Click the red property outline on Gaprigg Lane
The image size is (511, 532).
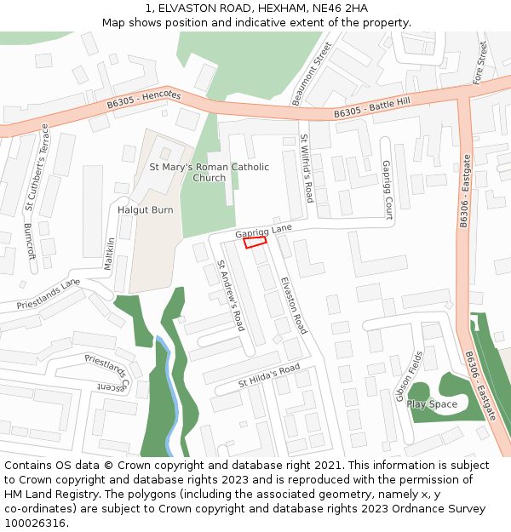coord(255,243)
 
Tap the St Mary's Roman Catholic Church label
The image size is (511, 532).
coord(210,172)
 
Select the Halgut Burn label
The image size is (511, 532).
coord(146,209)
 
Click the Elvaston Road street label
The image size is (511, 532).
coord(294,305)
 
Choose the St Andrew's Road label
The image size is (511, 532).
coord(230,295)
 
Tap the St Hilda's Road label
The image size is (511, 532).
coord(269,375)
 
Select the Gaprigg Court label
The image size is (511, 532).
coord(387,190)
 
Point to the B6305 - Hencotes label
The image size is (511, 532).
coord(145,101)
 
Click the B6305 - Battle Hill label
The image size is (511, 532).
coord(372,106)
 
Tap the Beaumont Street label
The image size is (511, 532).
coord(311,74)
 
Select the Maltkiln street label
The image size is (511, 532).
coord(109,254)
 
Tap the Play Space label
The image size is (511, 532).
coord(432,404)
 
